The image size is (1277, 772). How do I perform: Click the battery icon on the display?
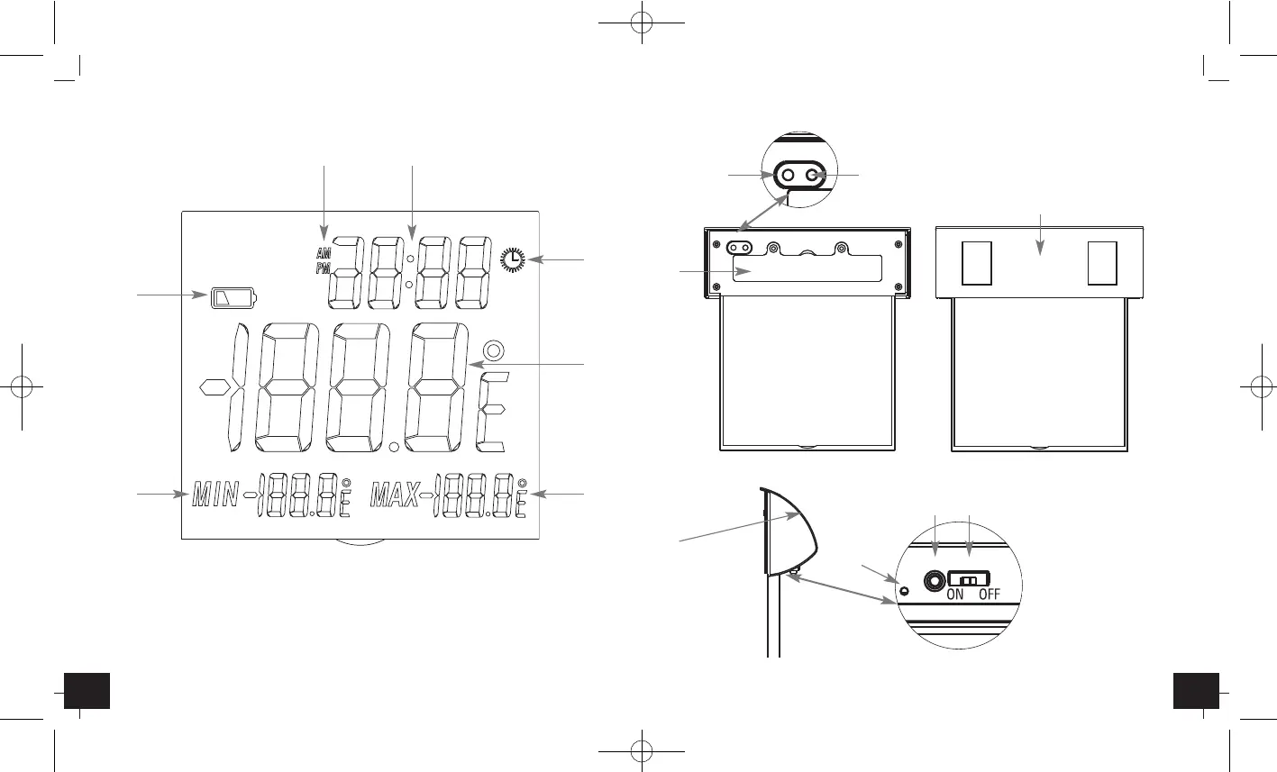[x=233, y=297]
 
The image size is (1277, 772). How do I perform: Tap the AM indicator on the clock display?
[x=323, y=255]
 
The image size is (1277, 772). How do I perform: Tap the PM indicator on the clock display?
[x=323, y=269]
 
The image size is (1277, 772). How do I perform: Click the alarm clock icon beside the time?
[x=513, y=259]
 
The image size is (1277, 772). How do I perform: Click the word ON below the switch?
[x=954, y=595]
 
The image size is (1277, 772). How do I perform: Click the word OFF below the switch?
[x=989, y=595]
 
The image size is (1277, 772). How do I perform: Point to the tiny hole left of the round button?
[x=905, y=591]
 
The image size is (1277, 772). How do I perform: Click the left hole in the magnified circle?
[x=788, y=176]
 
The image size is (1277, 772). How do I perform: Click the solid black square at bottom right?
[x=1197, y=690]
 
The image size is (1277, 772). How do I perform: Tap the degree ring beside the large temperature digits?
[x=492, y=351]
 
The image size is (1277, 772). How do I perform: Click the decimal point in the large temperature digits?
[x=394, y=446]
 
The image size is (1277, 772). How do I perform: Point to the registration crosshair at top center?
[x=638, y=24]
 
